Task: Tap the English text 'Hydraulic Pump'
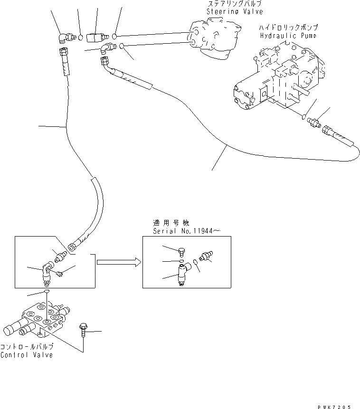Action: (289, 36)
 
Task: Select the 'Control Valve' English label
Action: (27, 355)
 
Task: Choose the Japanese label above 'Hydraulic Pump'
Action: (289, 28)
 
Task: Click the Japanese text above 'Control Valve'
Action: (27, 347)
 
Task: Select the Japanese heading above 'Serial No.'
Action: (168, 222)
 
